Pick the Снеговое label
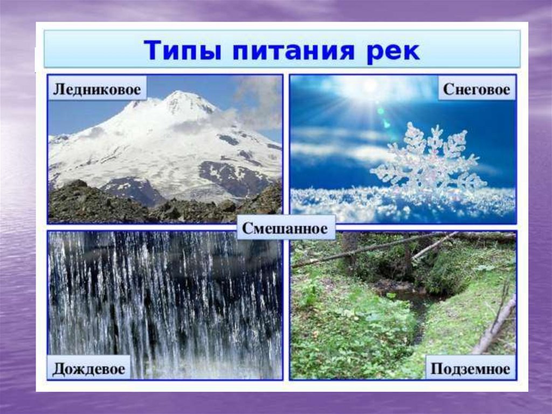point(476,89)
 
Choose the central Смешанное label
point(285,228)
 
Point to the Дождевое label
point(89,369)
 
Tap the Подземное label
point(470,369)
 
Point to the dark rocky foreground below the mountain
point(108,205)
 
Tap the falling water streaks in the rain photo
point(162,302)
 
